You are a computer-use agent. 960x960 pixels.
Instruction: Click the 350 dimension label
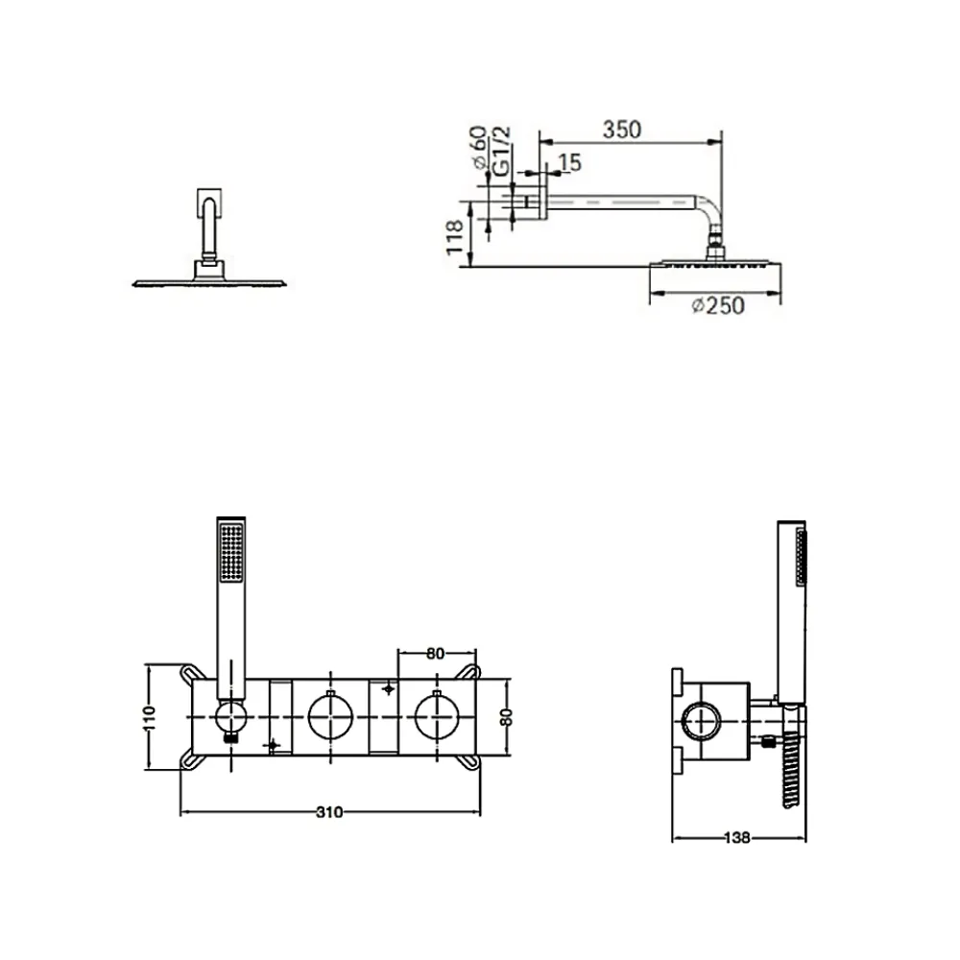pos(622,130)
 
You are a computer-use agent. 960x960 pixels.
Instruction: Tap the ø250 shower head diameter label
pos(718,305)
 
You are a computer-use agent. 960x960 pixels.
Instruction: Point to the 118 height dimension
pos(455,237)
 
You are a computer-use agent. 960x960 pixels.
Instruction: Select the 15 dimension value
pos(569,162)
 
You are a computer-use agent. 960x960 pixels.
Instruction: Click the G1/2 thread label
pos(501,152)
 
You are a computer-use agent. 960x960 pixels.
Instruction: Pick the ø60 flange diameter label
pos(479,147)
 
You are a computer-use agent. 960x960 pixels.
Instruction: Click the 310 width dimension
pos(330,812)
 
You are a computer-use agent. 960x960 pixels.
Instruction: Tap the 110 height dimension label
pos(150,717)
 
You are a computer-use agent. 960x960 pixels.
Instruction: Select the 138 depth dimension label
pos(737,837)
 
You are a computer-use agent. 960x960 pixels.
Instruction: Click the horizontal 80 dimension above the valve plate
pos(435,654)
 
